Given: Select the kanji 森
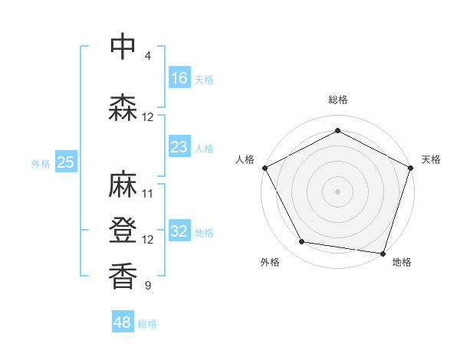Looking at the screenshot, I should point(123,107).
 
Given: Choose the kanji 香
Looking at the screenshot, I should point(123,275).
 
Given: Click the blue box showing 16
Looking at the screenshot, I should point(179,78).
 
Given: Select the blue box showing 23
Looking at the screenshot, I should point(179,147).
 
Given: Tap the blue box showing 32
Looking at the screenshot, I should point(179,231).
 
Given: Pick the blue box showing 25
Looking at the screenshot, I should point(65,162).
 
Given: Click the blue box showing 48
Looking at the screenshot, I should point(123,322).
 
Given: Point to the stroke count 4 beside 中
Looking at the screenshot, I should point(147,56).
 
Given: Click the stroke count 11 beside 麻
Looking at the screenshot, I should point(148,194).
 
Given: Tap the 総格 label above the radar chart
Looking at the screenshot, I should point(337,100).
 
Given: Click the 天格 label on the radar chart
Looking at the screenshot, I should point(431,159).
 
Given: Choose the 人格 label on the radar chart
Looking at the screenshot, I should point(245,159).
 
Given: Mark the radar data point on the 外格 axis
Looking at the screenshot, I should point(302,242).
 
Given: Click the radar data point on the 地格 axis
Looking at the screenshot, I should point(383,253).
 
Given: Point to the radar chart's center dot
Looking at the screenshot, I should point(337,191).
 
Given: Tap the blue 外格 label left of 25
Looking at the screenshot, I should point(40,163).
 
